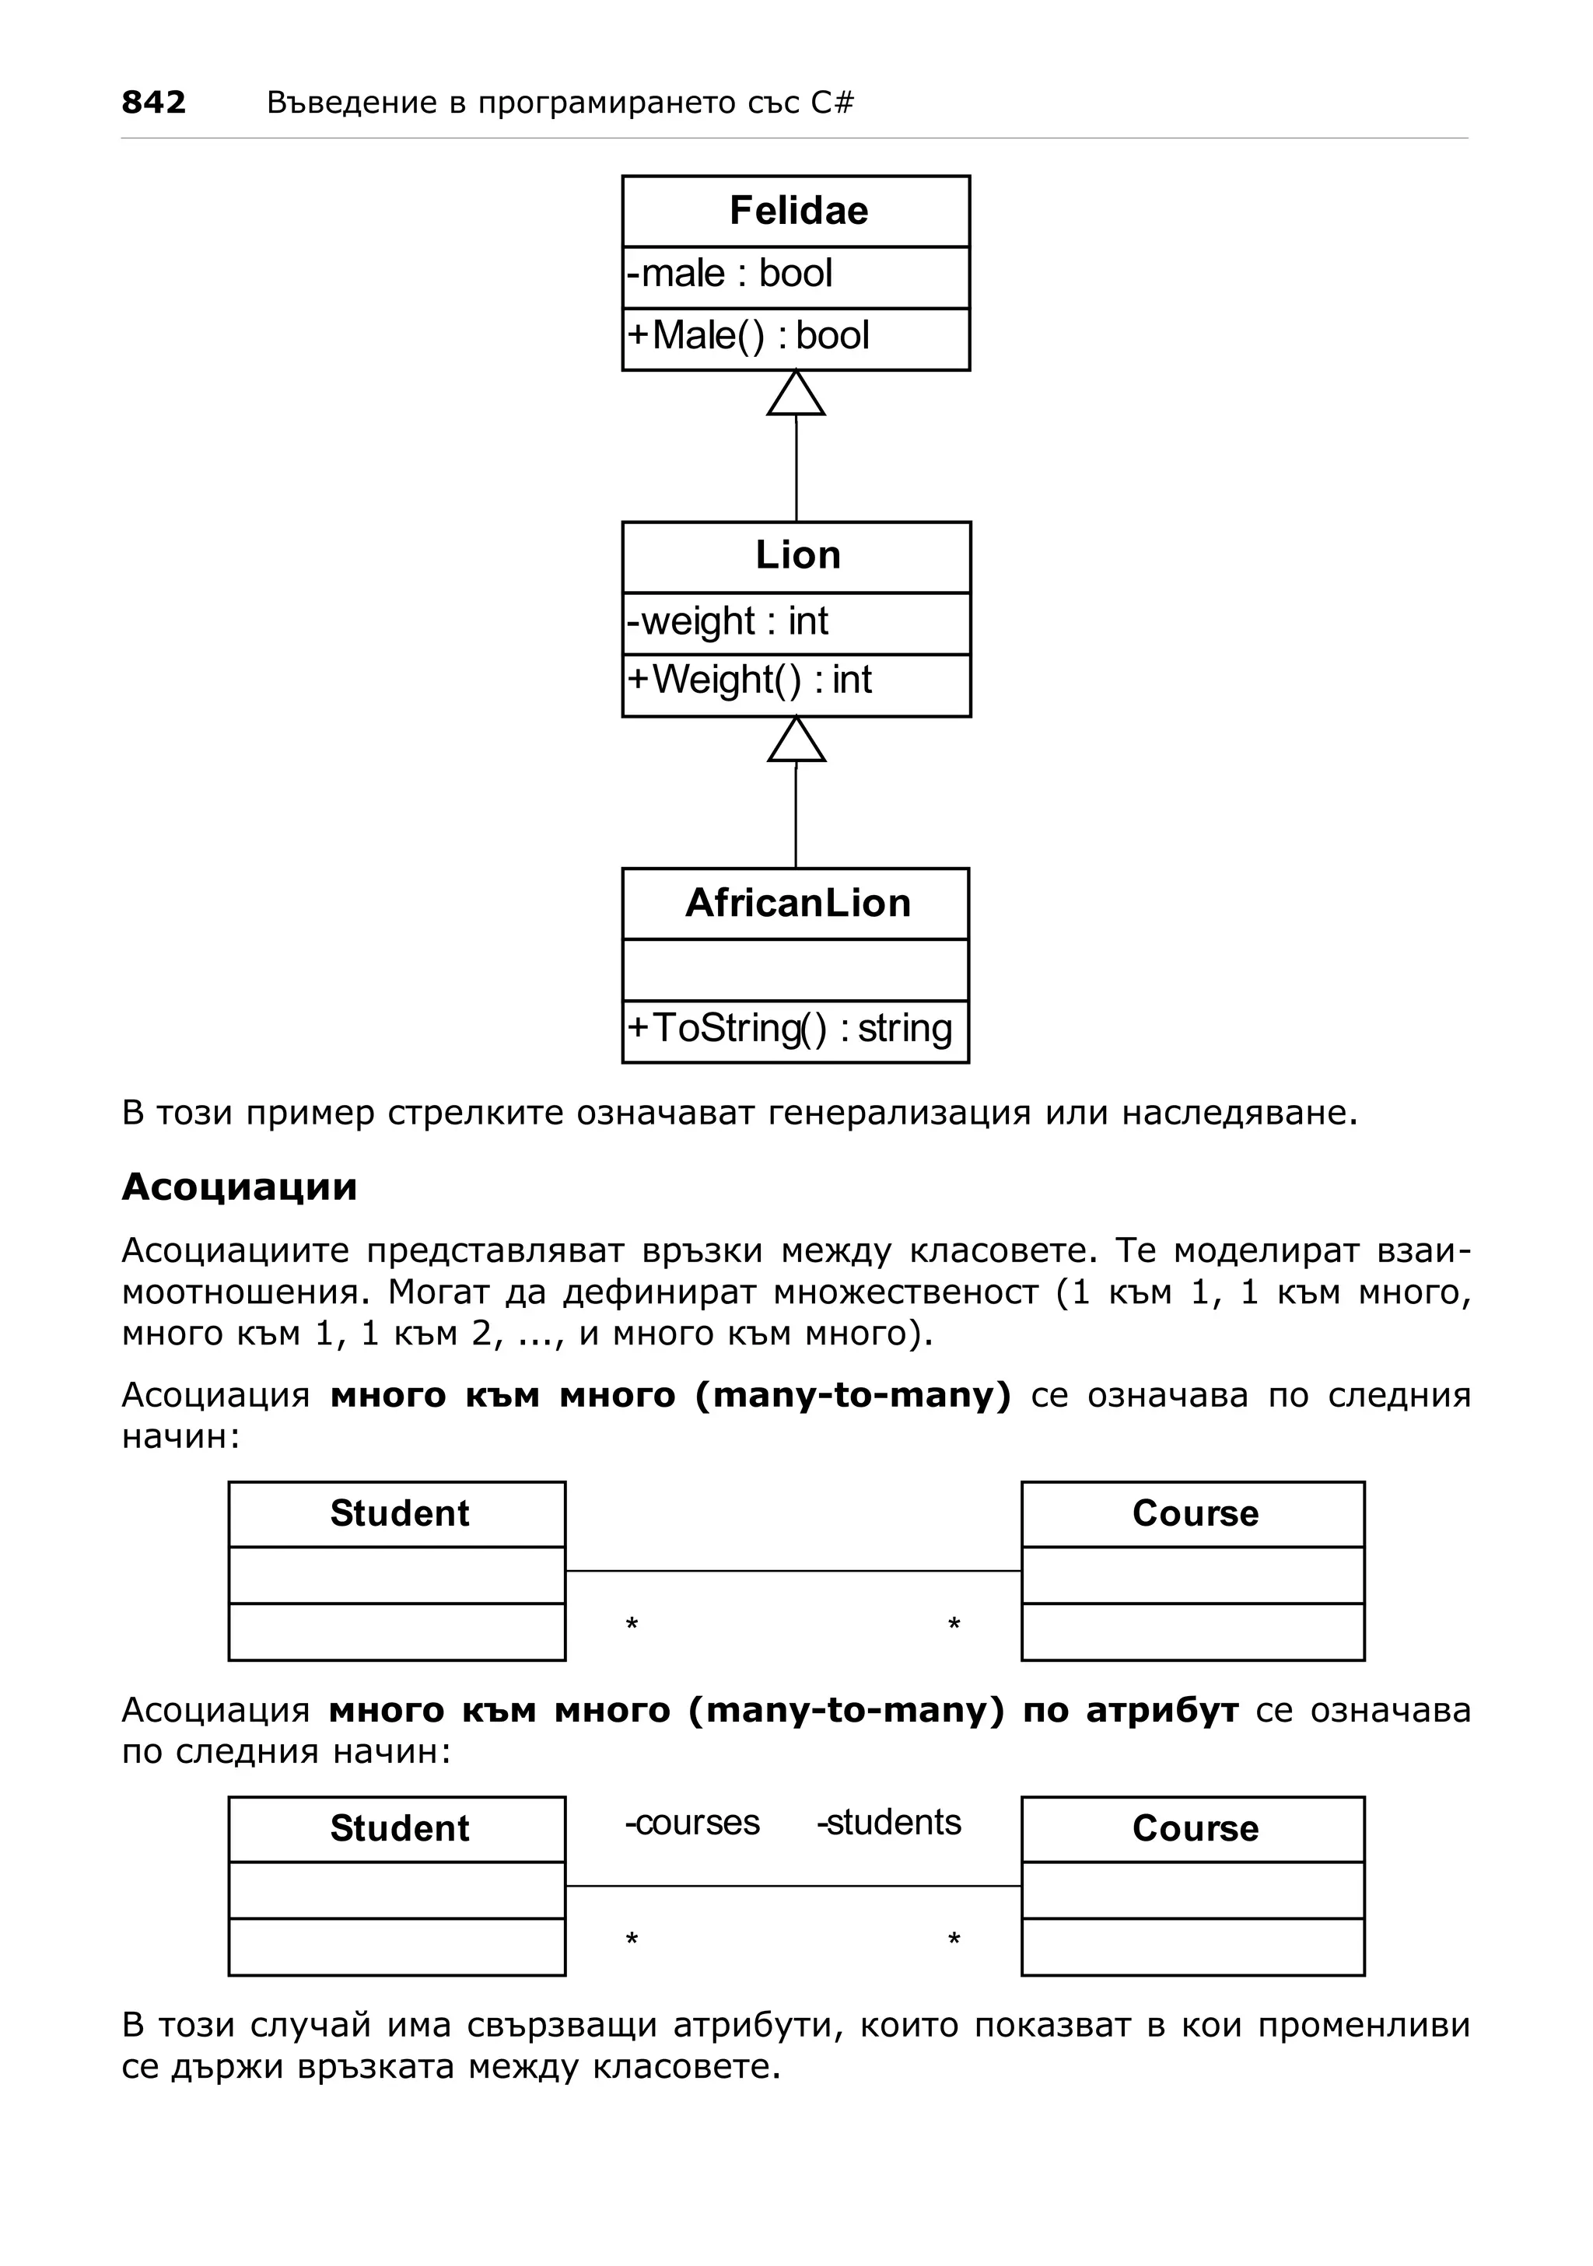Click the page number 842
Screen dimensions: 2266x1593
coord(153,102)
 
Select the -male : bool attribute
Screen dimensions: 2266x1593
coord(730,274)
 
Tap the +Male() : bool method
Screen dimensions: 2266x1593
coord(749,336)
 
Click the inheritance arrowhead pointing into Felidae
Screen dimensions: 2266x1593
coord(796,395)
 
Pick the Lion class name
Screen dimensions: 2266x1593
coord(797,556)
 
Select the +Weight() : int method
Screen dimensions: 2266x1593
coord(750,680)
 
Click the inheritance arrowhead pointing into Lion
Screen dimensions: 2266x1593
coord(796,741)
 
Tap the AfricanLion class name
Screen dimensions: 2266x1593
coord(797,903)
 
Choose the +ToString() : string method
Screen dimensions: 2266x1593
coord(790,1028)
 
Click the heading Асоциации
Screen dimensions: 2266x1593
coord(239,1187)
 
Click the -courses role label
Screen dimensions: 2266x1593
coord(691,1822)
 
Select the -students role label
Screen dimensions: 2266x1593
coord(888,1822)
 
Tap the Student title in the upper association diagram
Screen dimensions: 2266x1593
coord(399,1513)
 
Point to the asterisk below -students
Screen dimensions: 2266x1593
coord(954,1940)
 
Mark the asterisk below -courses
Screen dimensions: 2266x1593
coord(632,1940)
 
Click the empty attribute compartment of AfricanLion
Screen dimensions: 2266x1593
coord(796,970)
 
